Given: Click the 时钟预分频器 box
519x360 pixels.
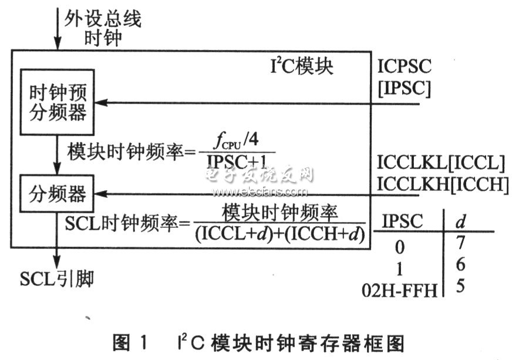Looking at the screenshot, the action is [x=58, y=102].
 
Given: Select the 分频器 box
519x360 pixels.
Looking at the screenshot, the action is [x=57, y=194].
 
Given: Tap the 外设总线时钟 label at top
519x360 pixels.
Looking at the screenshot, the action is [x=103, y=28].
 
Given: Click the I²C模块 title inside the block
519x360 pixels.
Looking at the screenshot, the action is [x=302, y=66].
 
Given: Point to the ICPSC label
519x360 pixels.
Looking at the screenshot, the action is [x=405, y=66].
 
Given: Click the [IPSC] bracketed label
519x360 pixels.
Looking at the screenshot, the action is [x=405, y=88].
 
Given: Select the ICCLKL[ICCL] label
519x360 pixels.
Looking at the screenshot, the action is [x=441, y=163].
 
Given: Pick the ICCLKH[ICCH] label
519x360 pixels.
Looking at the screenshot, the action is [x=443, y=184].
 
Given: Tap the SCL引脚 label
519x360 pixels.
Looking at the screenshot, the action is [x=57, y=279].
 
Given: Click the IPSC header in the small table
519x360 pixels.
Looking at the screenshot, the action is [x=403, y=221].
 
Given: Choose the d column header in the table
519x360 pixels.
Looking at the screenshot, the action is [x=461, y=221].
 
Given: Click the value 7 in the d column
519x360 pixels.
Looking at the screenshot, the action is [x=461, y=243].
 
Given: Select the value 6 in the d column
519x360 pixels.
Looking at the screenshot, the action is [x=460, y=264].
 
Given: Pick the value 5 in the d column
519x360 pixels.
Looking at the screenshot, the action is [x=460, y=285].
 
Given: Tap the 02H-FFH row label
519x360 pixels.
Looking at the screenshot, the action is [x=399, y=291].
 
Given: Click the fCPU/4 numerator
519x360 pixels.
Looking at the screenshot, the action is [x=236, y=141].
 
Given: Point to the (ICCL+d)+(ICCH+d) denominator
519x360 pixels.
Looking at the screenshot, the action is [x=280, y=234].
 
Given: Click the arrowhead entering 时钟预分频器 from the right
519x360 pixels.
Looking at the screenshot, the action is [x=101, y=103].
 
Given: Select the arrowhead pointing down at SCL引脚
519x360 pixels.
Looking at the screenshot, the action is [x=57, y=261].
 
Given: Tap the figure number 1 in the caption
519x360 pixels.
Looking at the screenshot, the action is [x=143, y=342].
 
